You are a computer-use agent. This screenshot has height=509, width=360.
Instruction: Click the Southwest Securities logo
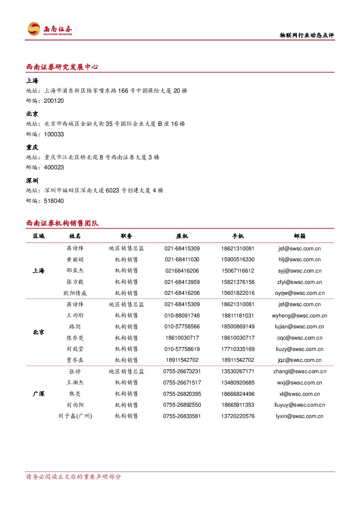click(50, 29)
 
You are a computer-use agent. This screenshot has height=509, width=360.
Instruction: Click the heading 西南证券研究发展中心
click(62, 67)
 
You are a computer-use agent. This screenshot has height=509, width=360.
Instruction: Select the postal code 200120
click(54, 101)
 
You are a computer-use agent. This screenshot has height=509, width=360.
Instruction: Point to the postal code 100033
click(54, 134)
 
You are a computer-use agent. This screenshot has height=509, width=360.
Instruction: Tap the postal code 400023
click(54, 167)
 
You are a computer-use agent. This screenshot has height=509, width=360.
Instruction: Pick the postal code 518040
click(54, 201)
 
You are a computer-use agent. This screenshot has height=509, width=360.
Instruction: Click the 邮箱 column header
click(299, 236)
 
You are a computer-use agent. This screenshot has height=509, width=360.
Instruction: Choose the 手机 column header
click(238, 236)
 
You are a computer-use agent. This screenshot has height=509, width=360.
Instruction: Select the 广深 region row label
click(38, 394)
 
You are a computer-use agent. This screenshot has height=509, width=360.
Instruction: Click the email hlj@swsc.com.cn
click(299, 260)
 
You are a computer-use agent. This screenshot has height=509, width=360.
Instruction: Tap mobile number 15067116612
click(238, 271)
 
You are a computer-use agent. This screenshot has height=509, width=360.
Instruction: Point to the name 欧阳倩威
click(75, 293)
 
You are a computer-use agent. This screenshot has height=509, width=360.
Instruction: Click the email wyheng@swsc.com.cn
click(299, 316)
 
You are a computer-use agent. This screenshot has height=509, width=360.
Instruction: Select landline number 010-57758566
click(182, 327)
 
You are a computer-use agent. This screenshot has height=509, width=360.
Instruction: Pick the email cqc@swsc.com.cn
click(299, 338)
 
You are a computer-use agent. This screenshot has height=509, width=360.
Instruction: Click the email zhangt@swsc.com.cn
click(299, 371)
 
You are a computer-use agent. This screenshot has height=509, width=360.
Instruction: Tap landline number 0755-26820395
click(182, 394)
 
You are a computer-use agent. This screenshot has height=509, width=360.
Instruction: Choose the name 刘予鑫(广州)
click(75, 416)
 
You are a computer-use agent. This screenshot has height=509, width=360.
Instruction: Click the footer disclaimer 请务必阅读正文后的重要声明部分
click(74, 477)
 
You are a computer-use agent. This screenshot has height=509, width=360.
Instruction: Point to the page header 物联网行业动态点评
click(306, 36)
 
